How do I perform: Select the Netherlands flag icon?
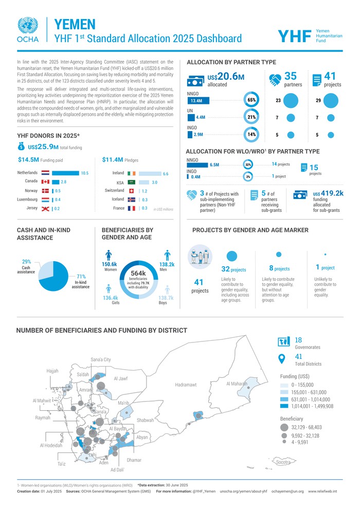(x=45, y=173)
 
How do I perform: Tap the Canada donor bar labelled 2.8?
(x=55, y=182)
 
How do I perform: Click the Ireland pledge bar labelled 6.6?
(x=150, y=174)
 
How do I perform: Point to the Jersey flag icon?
(x=45, y=208)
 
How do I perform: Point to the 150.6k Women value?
(x=109, y=264)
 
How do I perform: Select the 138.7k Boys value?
(x=166, y=298)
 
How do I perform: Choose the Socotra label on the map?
(x=286, y=462)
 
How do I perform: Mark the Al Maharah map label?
(x=237, y=384)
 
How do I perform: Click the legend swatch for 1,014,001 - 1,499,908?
(x=284, y=406)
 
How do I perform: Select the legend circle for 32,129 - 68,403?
(x=284, y=427)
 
